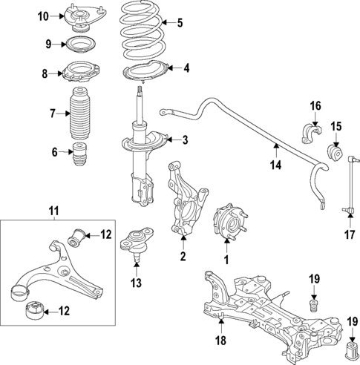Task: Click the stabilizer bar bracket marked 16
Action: pyautogui.click(x=307, y=133)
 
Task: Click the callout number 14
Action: pyautogui.click(x=275, y=165)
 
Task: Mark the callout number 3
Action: pyautogui.click(x=185, y=140)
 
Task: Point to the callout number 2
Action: pyautogui.click(x=182, y=257)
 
